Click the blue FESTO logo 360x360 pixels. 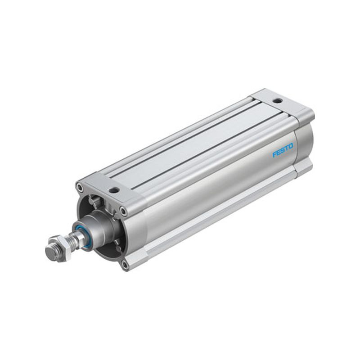tap(283, 150)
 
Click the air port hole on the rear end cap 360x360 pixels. tap(278, 100)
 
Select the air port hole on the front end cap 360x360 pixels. tap(114, 190)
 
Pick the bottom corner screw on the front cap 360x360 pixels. tap(125, 265)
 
